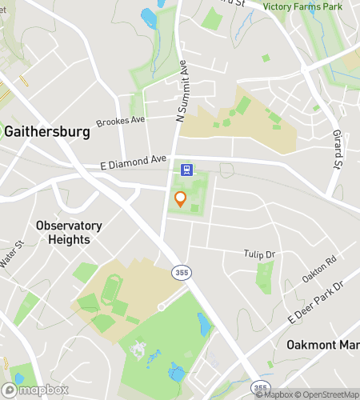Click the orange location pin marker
click(x=181, y=199)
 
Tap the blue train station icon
click(x=186, y=169)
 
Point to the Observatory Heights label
click(x=69, y=232)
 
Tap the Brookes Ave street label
click(x=120, y=120)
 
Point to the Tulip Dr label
click(x=259, y=254)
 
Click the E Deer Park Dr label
click(x=314, y=302)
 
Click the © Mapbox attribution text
click(x=275, y=394)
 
